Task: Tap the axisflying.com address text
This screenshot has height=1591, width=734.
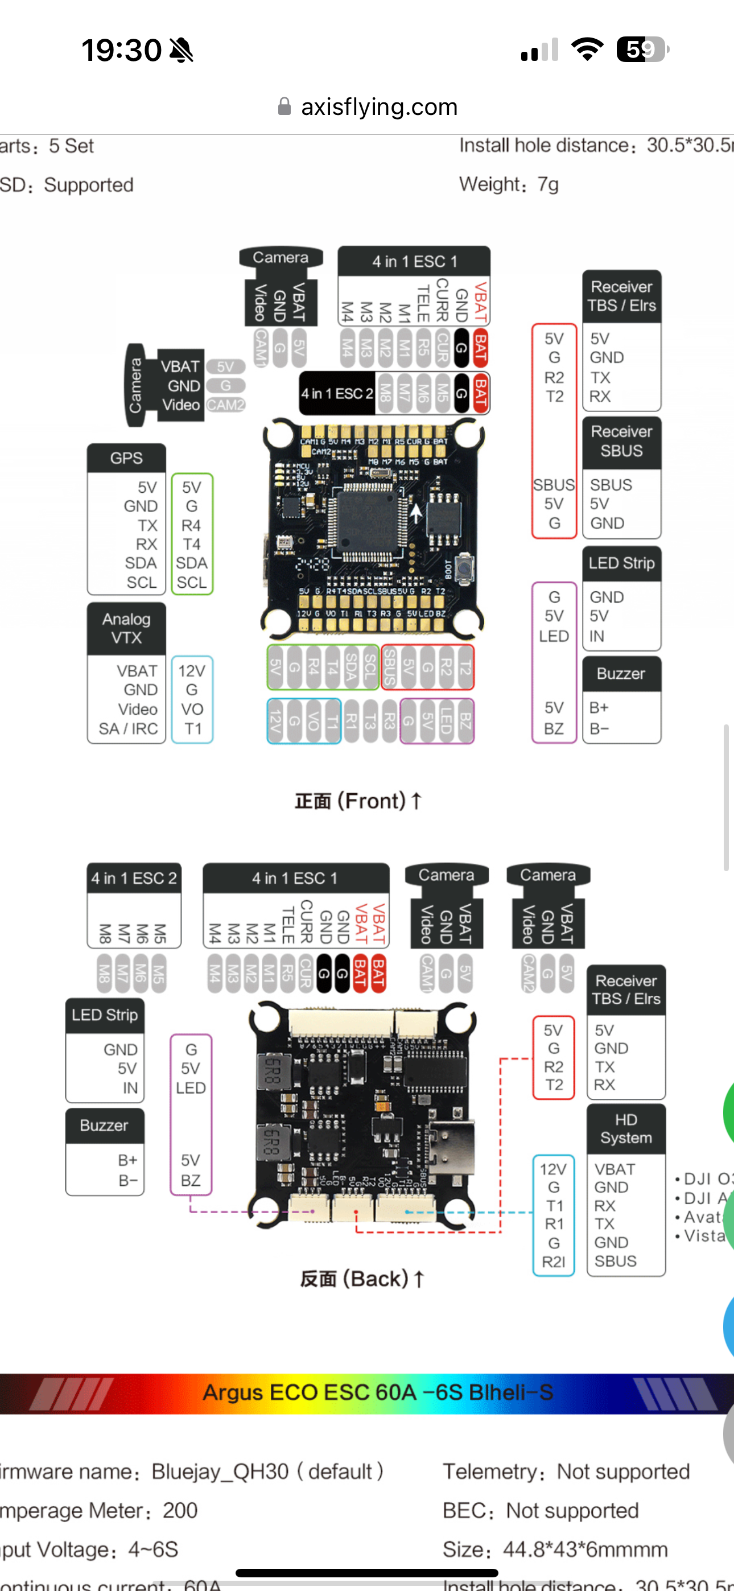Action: pos(379,107)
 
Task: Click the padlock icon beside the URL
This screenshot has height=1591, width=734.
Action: pos(284,107)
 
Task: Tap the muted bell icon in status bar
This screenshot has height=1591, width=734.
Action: pos(181,50)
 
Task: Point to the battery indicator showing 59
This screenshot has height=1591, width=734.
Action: pos(642,50)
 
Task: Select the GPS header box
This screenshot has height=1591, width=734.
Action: pos(126,457)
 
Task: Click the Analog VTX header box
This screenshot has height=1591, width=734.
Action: pos(126,628)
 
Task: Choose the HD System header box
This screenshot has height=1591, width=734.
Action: pos(625,1128)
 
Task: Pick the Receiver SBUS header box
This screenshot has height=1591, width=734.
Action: pos(621,441)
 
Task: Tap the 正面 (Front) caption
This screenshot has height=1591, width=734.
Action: pos(358,801)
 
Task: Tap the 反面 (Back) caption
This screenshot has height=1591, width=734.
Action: pos(361,1279)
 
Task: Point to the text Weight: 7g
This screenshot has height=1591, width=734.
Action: pos(509,184)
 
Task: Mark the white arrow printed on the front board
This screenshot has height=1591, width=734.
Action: pos(417,512)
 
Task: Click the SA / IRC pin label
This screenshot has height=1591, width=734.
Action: pos(129,729)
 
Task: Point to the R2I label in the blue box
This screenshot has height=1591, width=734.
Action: pos(553,1262)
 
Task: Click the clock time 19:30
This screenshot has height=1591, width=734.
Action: pos(122,50)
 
